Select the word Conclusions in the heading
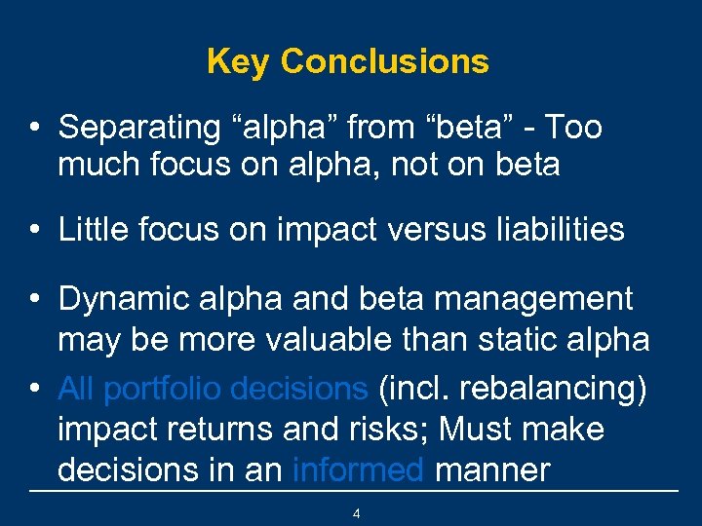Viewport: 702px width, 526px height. coord(384,62)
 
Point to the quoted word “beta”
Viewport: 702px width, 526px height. coord(463,128)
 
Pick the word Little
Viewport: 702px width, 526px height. coord(92,230)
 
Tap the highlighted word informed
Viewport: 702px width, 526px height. coord(358,470)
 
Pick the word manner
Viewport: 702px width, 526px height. coord(492,470)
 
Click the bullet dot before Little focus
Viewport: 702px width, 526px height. coord(34,231)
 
